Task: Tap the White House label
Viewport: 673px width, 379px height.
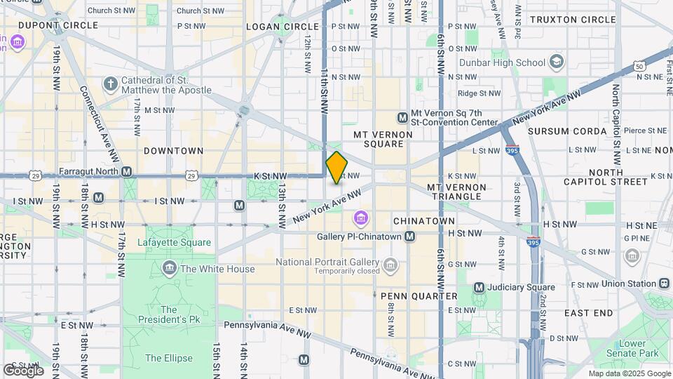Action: (217, 268)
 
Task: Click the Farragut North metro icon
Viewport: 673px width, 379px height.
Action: (126, 171)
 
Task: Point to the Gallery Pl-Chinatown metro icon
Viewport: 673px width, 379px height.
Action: (412, 237)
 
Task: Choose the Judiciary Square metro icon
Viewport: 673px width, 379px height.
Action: (480, 287)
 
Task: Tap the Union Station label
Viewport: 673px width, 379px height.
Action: (629, 284)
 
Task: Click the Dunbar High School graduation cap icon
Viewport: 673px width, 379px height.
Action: (557, 62)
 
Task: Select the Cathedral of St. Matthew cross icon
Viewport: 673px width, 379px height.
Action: (110, 84)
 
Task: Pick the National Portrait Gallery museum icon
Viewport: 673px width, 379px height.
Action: (390, 265)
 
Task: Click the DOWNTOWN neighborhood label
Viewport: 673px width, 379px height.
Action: (173, 151)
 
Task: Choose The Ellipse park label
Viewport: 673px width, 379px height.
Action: (168, 358)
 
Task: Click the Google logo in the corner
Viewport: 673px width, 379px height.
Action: (23, 370)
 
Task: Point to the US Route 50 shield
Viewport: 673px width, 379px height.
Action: (639, 66)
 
